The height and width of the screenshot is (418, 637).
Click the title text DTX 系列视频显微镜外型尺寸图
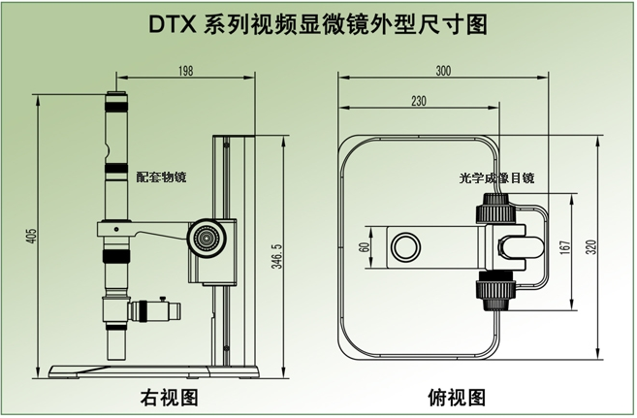click(318, 23)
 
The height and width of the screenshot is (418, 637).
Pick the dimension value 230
click(418, 101)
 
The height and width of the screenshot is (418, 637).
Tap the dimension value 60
click(365, 246)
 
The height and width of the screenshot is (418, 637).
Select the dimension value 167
click(567, 247)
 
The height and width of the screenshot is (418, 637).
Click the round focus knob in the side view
click(205, 237)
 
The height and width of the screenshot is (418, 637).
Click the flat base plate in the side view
click(155, 371)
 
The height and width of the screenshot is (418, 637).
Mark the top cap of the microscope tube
click(116, 96)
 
